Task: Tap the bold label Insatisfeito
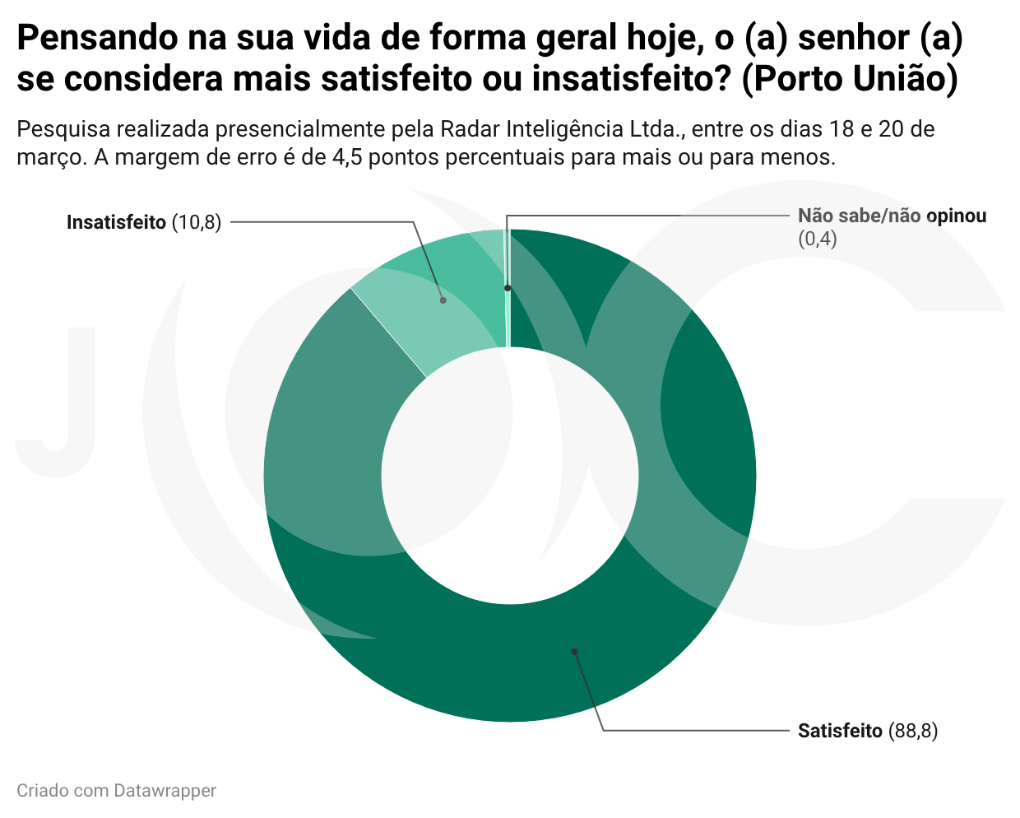click(116, 222)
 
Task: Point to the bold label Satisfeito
click(840, 731)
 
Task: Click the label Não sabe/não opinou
click(892, 216)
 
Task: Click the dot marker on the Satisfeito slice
click(574, 652)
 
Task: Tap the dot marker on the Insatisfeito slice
click(443, 300)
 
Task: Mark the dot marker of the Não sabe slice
click(508, 288)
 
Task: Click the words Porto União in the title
click(850, 78)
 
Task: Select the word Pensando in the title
click(97, 38)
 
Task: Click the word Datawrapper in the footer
click(165, 791)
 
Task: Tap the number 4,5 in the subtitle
click(347, 157)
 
